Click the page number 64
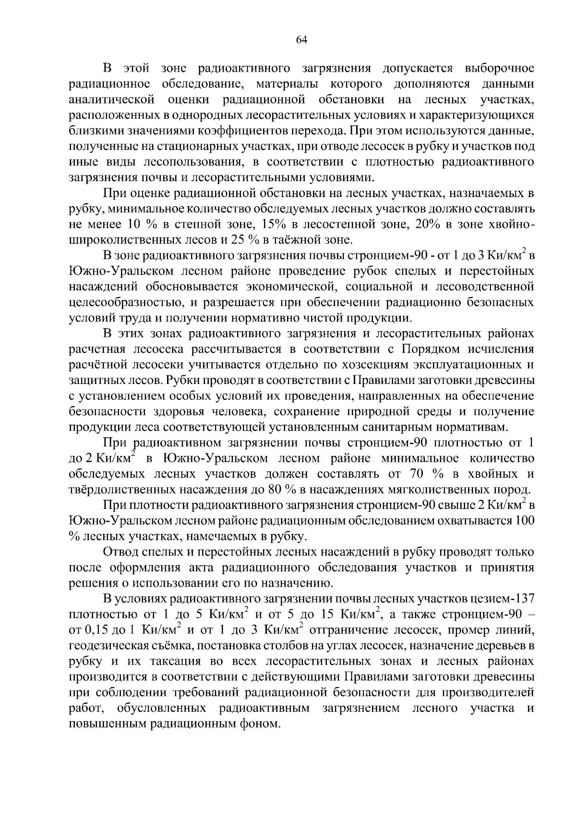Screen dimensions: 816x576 tap(301, 40)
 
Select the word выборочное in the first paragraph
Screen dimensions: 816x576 tap(499, 68)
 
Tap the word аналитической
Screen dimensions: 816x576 tap(111, 100)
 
